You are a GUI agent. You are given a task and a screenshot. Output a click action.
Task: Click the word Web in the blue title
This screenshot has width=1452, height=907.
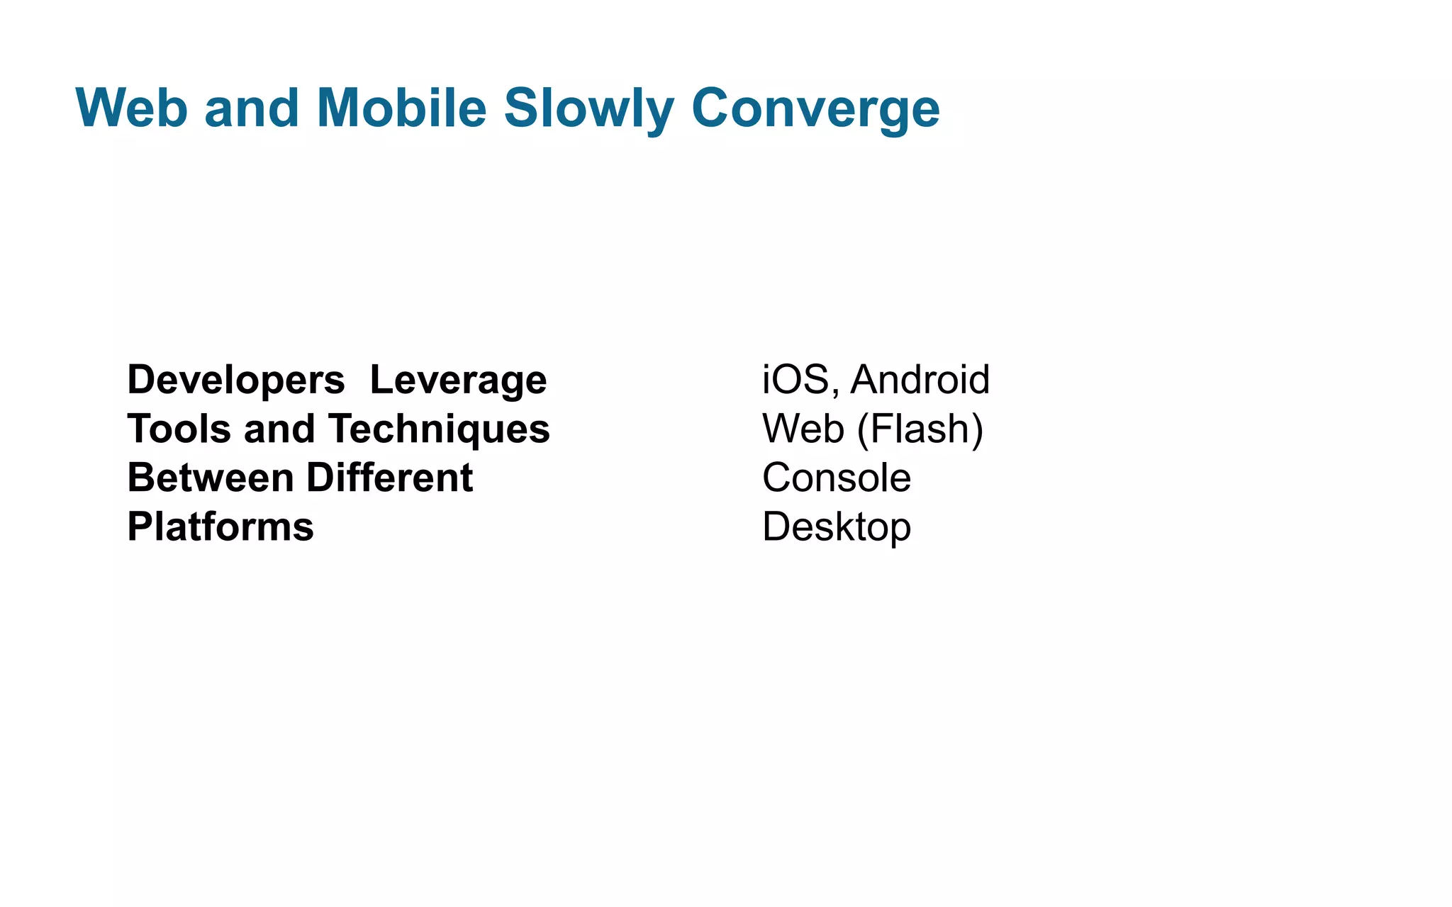click(131, 108)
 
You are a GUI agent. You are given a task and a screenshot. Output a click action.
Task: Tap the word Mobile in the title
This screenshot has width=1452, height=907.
click(401, 108)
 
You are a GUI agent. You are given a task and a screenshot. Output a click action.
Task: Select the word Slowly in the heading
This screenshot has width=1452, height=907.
click(588, 108)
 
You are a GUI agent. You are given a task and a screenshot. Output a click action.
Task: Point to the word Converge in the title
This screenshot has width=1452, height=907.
click(815, 108)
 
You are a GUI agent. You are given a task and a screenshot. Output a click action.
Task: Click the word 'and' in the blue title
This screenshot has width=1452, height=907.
click(252, 108)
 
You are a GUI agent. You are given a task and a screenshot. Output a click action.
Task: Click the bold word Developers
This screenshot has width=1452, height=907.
click(235, 381)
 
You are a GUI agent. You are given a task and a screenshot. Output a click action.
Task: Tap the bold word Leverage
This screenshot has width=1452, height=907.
click(458, 381)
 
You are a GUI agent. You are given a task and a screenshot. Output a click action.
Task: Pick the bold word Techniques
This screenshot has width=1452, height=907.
click(439, 429)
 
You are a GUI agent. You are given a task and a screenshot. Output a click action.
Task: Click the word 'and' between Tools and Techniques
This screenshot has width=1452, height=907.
click(279, 429)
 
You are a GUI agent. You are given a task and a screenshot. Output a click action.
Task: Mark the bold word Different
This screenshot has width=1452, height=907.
click(389, 478)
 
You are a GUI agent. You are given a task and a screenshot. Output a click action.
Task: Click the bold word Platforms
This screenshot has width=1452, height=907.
click(220, 527)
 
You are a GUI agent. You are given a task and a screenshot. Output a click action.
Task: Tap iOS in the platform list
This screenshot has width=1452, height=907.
click(795, 380)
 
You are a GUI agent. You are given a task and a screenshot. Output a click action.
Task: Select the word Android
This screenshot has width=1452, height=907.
click(920, 380)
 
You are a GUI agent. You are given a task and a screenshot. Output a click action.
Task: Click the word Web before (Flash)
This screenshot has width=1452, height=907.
click(803, 429)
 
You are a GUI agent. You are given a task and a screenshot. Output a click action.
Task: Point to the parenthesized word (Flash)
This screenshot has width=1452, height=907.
click(920, 429)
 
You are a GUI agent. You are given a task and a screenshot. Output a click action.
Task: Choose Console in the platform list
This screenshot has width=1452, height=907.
click(837, 478)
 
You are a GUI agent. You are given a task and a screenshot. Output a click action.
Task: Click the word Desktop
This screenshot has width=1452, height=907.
click(837, 527)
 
